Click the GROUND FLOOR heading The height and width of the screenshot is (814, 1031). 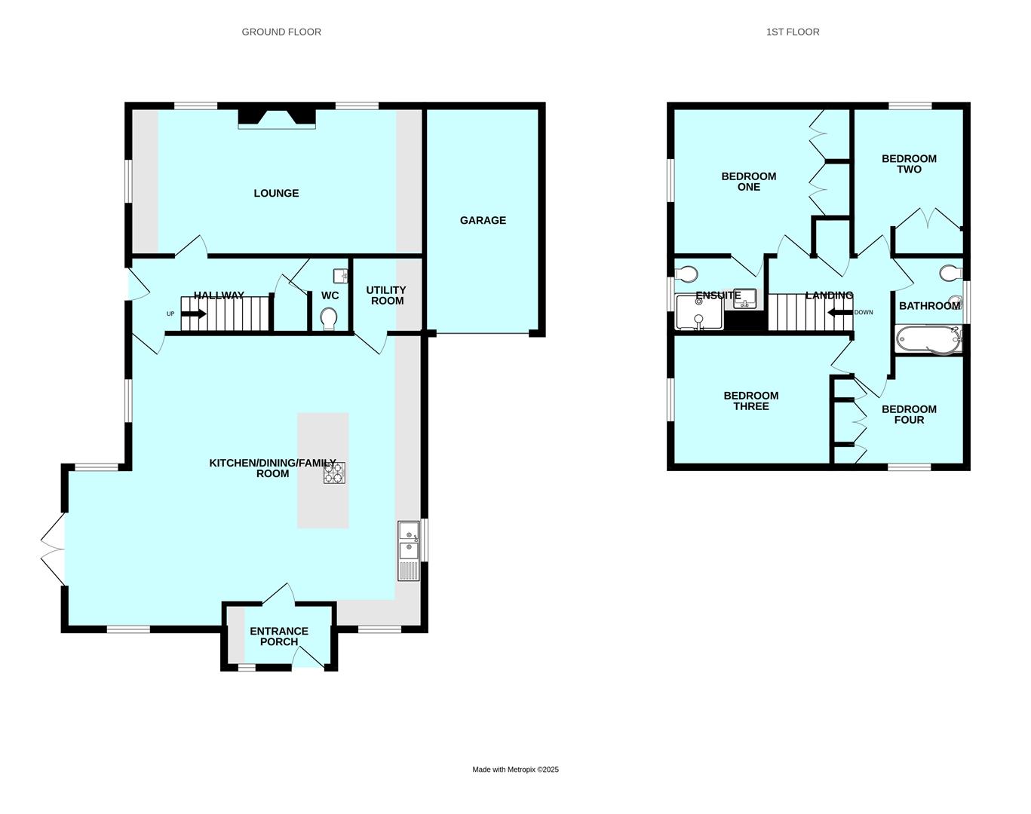pyautogui.click(x=281, y=32)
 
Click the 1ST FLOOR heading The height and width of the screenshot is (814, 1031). pyautogui.click(x=793, y=32)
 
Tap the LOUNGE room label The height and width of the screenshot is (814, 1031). pyautogui.click(x=277, y=193)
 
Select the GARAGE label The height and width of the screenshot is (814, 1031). pyautogui.click(x=483, y=220)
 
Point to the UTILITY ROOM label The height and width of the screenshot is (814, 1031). pyautogui.click(x=386, y=295)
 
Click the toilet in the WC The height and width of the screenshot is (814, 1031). pyautogui.click(x=329, y=318)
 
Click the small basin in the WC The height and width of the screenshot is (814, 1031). pyautogui.click(x=341, y=275)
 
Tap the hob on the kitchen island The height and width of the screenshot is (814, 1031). pyautogui.click(x=334, y=473)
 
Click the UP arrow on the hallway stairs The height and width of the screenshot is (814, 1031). pyautogui.click(x=194, y=314)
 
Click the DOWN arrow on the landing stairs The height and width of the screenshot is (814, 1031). pyautogui.click(x=840, y=313)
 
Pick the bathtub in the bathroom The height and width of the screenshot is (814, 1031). pyautogui.click(x=929, y=339)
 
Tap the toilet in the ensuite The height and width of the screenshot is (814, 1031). pyautogui.click(x=686, y=274)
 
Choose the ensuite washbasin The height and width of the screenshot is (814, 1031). pyautogui.click(x=745, y=298)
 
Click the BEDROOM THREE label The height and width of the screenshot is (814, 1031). pyautogui.click(x=751, y=401)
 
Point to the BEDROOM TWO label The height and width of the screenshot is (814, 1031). pyautogui.click(x=910, y=164)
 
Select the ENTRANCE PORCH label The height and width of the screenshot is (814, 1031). pyautogui.click(x=279, y=636)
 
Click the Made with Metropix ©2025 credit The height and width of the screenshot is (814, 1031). pyautogui.click(x=516, y=770)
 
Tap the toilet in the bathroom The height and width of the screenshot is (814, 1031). pyautogui.click(x=951, y=274)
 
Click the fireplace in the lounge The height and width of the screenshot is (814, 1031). pyautogui.click(x=277, y=118)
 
